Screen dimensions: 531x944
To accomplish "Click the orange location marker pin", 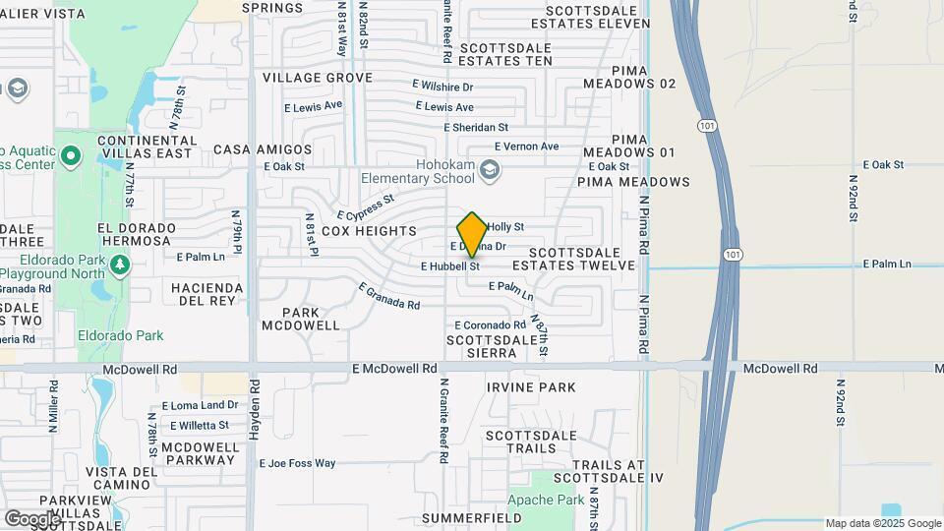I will [x=472, y=234].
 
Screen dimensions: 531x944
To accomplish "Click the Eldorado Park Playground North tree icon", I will [x=120, y=264].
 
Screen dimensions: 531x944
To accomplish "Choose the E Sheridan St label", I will [x=476, y=127].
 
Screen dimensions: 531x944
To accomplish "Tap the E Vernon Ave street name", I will [x=526, y=147].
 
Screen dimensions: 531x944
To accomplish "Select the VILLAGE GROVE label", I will [x=317, y=78].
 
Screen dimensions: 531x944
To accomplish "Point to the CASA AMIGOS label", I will [x=263, y=149].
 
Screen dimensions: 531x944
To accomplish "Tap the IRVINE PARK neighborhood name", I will [x=531, y=387].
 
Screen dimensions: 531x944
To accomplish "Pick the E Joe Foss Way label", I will [x=297, y=463].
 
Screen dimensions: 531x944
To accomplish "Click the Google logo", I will [x=32, y=518].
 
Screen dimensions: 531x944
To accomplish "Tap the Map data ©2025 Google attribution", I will [x=883, y=523].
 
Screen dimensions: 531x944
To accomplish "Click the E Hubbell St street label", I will [x=449, y=265].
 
